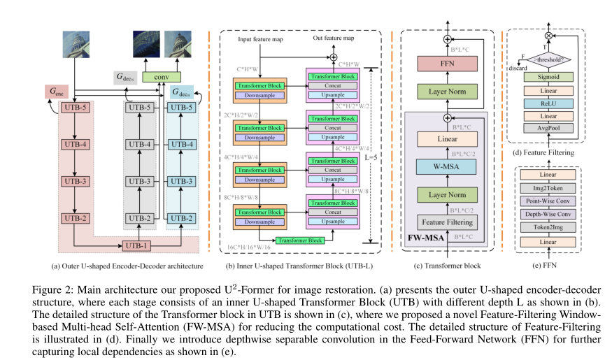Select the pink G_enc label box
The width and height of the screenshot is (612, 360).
point(57,91)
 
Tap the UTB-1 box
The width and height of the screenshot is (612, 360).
point(136,245)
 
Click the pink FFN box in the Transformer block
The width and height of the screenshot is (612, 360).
point(447,63)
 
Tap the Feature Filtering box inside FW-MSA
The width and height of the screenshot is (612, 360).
point(447,222)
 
